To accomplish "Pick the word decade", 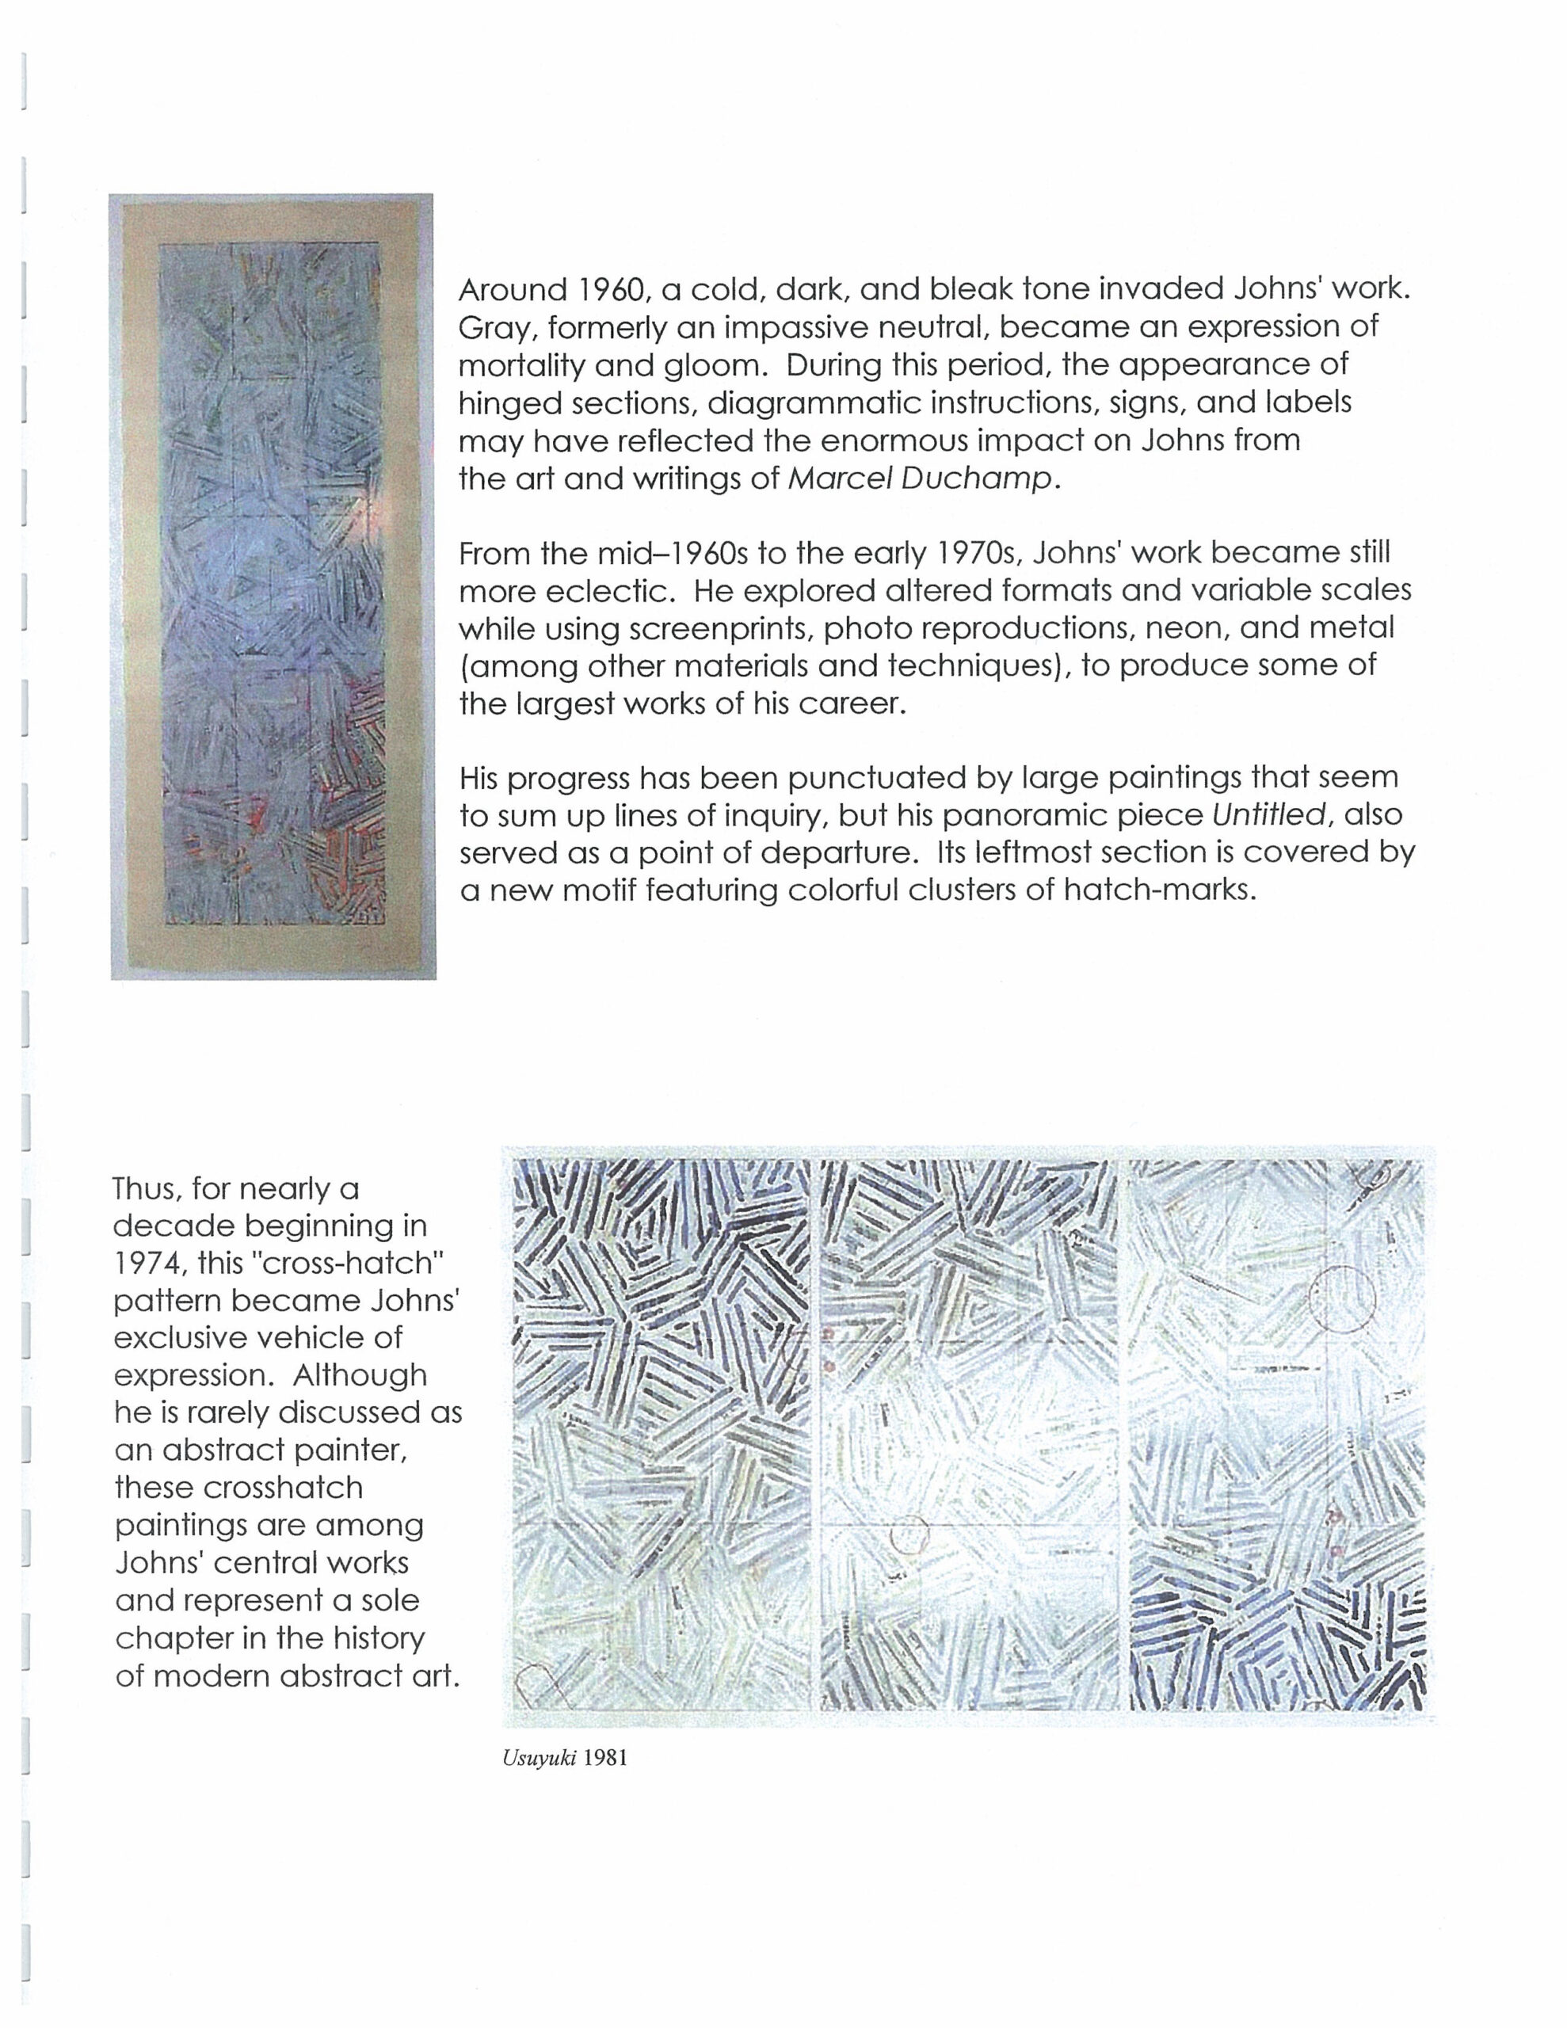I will pos(177,1226).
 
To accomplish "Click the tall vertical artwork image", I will pos(273,586).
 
